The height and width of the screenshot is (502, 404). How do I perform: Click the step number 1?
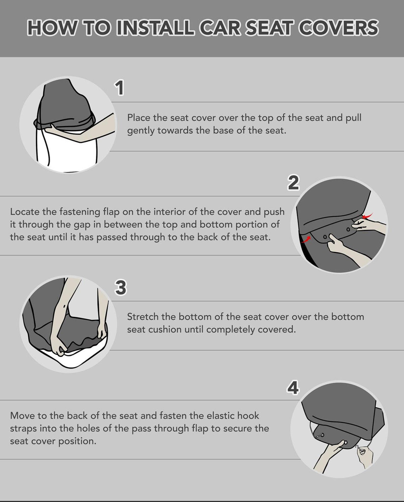[120, 88]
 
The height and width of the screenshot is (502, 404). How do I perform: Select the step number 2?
[293, 182]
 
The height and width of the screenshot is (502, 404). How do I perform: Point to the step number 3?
[121, 287]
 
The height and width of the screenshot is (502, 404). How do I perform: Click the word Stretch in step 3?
[143, 317]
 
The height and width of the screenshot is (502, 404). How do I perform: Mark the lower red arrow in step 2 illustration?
[306, 239]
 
